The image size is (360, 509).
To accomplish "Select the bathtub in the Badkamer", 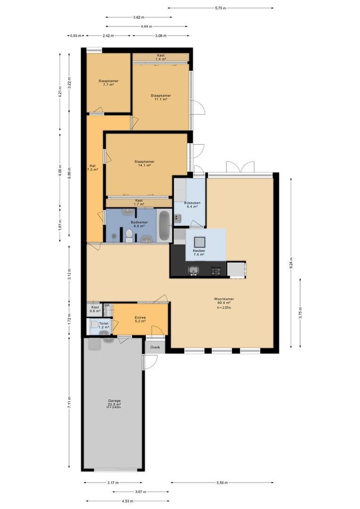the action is (164, 226).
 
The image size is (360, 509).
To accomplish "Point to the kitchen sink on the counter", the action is (194, 270).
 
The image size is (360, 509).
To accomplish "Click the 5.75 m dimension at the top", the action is (221, 8).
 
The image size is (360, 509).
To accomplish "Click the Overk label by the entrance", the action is (155, 347).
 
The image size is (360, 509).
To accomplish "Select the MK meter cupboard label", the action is (107, 305).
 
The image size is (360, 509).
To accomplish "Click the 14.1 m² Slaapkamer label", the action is (145, 163).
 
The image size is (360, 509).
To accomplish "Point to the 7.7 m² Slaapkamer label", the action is (108, 83).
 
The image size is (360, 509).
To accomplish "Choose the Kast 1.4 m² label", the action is (161, 57).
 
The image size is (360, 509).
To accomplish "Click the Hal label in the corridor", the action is (92, 167).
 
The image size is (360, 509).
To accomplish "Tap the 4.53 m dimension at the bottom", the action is (128, 501).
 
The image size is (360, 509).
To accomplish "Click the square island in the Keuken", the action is (199, 242).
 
